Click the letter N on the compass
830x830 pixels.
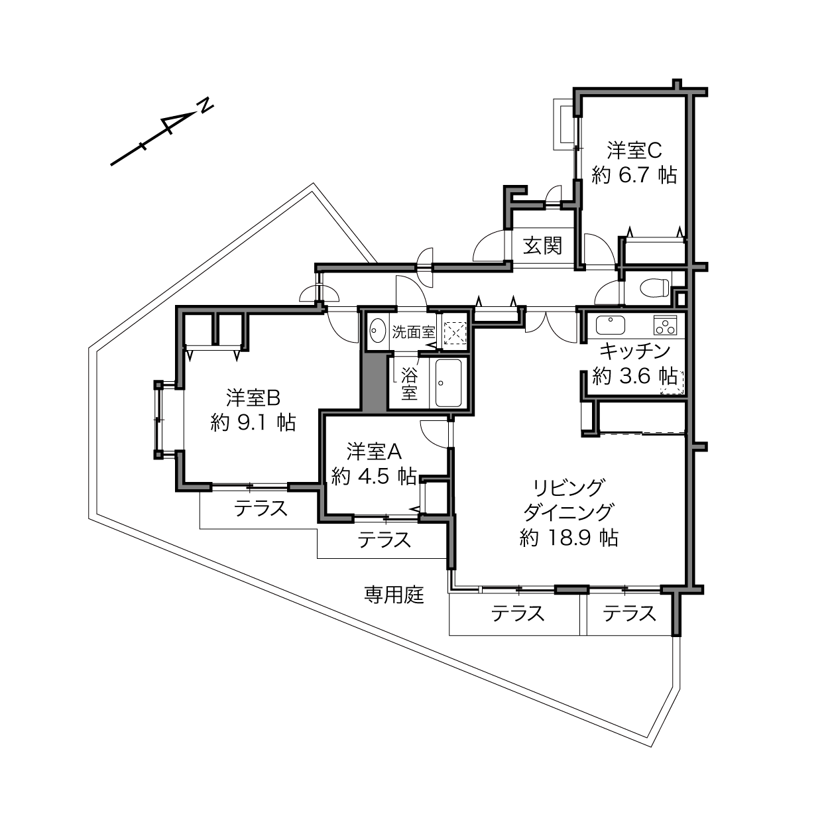206,106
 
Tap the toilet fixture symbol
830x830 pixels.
655,287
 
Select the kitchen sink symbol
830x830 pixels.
611,326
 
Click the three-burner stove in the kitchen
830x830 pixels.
666,326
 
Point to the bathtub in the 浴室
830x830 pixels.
448,383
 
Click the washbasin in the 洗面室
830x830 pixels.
378,330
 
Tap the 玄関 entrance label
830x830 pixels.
543,246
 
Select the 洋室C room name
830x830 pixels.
634,150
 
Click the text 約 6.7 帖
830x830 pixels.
634,175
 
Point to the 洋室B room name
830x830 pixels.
254,398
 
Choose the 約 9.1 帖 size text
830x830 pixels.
253,422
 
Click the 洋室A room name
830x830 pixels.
374,451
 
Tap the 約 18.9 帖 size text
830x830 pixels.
569,538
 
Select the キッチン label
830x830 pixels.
635,351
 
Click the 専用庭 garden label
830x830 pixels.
394,595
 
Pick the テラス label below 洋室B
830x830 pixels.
261,508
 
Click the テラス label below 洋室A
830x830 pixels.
385,539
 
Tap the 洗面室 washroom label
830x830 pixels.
414,332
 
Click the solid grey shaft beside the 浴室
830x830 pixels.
374,381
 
